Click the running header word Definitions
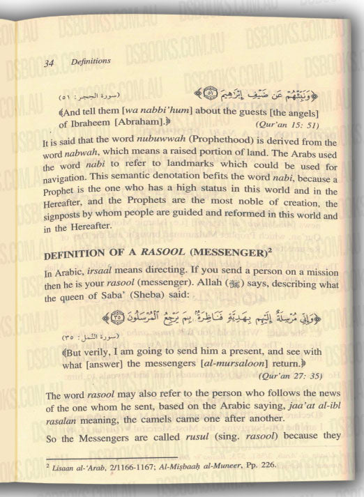tap(91, 63)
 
